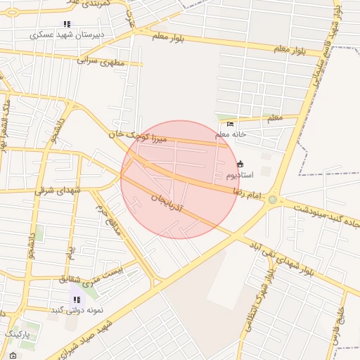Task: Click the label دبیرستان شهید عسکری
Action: tap(68, 34)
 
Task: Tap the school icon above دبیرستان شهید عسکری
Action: tap(67, 24)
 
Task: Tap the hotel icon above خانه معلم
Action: tap(231, 124)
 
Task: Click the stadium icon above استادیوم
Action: tap(240, 164)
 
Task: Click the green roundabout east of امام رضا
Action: tap(272, 200)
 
